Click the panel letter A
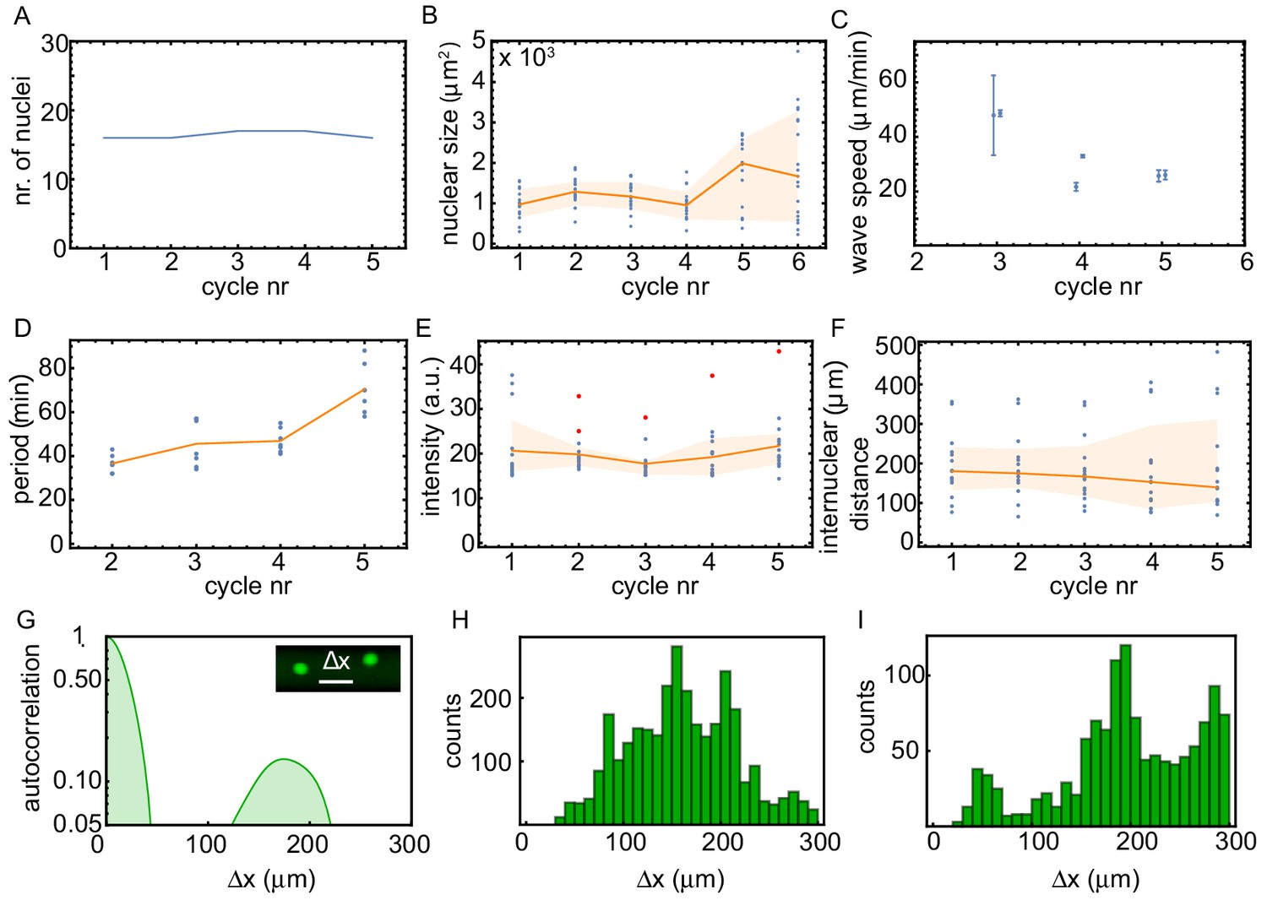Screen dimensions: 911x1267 pyautogui.click(x=22, y=16)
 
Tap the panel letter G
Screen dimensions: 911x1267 pyautogui.click(x=25, y=621)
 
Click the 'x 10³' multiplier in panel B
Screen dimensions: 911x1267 pyautogui.click(x=526, y=58)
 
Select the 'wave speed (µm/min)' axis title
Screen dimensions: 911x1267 pyautogui.click(x=860, y=152)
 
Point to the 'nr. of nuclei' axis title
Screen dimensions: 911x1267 pyautogui.click(x=23, y=140)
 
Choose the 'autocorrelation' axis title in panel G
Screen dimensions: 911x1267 pyautogui.click(x=32, y=728)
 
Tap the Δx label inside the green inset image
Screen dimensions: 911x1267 pyautogui.click(x=336, y=661)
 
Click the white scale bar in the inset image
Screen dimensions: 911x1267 pyautogui.click(x=335, y=681)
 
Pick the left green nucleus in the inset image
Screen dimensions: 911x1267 pyautogui.click(x=300, y=669)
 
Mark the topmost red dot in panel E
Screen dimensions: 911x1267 pyautogui.click(x=778, y=351)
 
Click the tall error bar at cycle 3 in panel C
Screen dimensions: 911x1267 pyautogui.click(x=993, y=115)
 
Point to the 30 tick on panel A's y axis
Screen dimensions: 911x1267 pyautogui.click(x=55, y=43)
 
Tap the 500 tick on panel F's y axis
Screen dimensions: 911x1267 pyautogui.click(x=897, y=346)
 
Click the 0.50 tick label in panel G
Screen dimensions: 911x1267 pyautogui.click(x=78, y=680)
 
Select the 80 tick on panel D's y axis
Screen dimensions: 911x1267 pyautogui.click(x=52, y=367)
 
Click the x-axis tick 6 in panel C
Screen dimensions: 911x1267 pyautogui.click(x=1246, y=262)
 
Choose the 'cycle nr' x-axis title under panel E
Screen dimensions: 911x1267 pyautogui.click(x=655, y=586)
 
